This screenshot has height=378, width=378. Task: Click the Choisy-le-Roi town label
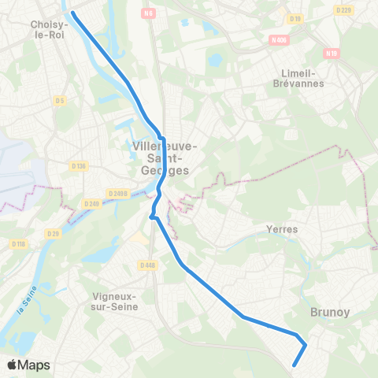tap(49, 29)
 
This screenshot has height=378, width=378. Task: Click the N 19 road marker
tap(331, 54)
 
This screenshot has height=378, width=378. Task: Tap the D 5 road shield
tap(59, 100)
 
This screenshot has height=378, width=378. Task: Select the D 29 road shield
tap(54, 234)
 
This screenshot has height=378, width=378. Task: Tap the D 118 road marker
tap(19, 244)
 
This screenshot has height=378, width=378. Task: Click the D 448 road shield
tap(146, 265)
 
